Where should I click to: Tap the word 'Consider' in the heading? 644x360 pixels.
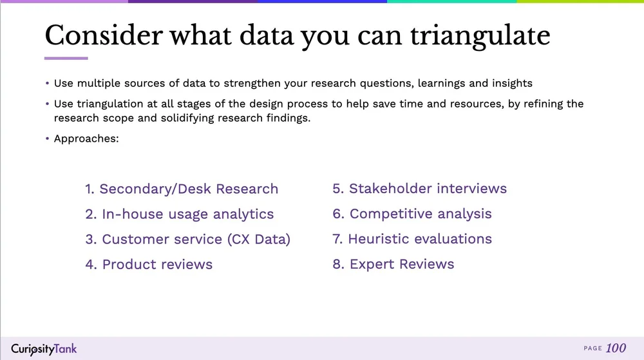[x=103, y=36]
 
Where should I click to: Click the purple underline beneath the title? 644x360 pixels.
[x=66, y=59]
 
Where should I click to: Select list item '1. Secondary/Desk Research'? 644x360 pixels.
[x=182, y=189]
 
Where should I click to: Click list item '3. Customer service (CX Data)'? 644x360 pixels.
[x=188, y=240]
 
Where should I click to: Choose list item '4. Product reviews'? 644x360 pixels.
[x=149, y=265]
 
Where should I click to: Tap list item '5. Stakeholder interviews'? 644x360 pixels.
[x=420, y=189]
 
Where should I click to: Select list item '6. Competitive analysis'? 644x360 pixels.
[x=412, y=214]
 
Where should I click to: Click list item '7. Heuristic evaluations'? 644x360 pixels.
[x=412, y=239]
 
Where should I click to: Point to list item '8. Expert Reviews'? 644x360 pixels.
[x=393, y=264]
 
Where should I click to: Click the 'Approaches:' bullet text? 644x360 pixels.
[x=86, y=138]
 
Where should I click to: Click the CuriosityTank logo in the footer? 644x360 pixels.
[x=44, y=349]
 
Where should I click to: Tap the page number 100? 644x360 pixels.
[x=616, y=348]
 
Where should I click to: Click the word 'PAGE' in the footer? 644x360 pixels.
[x=592, y=349]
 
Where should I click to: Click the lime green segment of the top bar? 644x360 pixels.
[x=580, y=2]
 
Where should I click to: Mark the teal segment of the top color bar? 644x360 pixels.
[x=451, y=2]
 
